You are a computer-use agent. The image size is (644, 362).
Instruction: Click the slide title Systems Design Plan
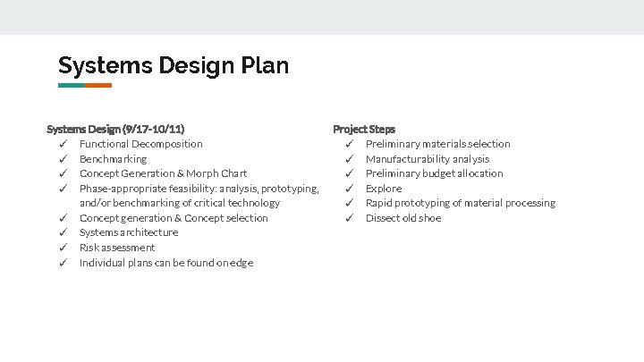click(x=174, y=65)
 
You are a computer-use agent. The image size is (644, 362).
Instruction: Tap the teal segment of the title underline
click(x=71, y=86)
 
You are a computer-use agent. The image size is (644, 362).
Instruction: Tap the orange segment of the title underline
click(x=98, y=86)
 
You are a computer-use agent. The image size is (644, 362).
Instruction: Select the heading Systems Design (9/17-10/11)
click(x=115, y=130)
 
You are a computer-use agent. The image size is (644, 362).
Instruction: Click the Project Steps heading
click(x=364, y=130)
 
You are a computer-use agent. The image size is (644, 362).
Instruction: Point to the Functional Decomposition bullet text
click(x=140, y=144)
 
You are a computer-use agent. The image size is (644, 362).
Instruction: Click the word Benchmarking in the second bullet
click(x=113, y=159)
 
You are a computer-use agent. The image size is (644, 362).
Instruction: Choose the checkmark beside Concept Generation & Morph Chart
click(x=64, y=173)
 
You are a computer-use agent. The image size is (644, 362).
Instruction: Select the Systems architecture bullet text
click(x=129, y=232)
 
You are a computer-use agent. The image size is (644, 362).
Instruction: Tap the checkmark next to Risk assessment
click(x=64, y=248)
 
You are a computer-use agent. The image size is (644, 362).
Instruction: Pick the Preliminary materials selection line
click(x=437, y=144)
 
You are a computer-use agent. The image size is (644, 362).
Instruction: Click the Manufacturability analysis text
click(x=428, y=159)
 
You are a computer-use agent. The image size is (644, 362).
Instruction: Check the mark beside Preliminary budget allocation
click(x=351, y=173)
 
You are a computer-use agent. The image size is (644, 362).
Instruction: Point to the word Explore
click(x=384, y=189)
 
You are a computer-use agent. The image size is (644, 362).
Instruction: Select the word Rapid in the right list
click(x=380, y=203)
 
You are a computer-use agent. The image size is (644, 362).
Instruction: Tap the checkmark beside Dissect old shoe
click(x=351, y=218)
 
